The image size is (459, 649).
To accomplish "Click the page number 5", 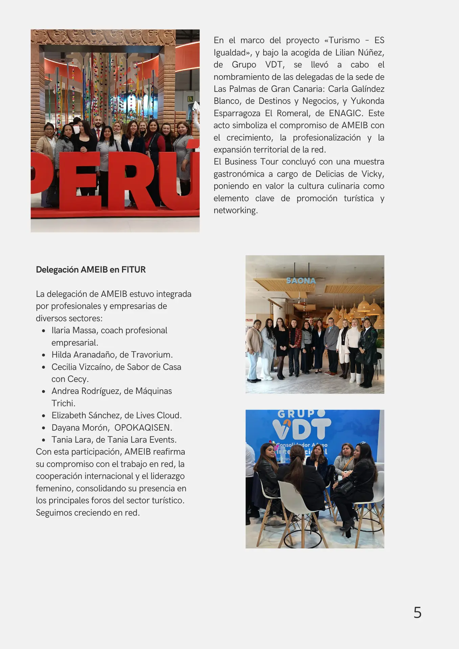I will [417, 612].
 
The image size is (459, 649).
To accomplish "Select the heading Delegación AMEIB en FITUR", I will [91, 270].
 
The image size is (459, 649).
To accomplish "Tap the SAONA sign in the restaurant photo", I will [301, 281].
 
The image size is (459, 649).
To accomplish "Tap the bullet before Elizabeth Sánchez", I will [44, 416].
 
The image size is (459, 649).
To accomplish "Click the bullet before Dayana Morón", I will [44, 428].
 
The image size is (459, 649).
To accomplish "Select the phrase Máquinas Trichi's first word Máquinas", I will [154, 391].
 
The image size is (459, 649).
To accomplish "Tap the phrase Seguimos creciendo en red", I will [88, 513].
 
